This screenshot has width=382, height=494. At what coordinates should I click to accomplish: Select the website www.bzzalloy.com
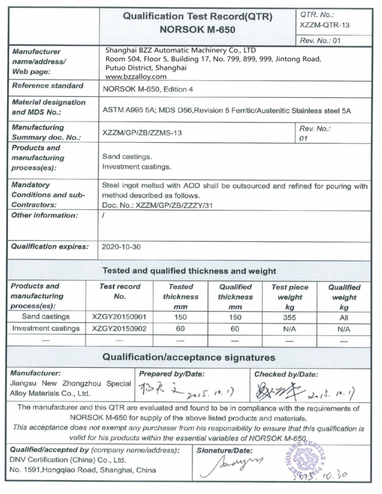pos(136,76)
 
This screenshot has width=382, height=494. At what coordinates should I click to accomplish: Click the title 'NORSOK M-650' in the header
pos(197,29)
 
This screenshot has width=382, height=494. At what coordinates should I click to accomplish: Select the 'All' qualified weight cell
pos(344,317)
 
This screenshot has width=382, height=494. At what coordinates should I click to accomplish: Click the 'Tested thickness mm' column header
pos(181,296)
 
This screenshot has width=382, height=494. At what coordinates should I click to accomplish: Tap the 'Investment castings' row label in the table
pos(46,329)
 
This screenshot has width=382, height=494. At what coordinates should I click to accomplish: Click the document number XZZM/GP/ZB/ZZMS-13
pos(142,133)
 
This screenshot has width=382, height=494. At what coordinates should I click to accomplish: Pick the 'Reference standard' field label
pos(47,86)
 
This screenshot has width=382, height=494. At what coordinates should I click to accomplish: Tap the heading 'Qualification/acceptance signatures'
pos(189,357)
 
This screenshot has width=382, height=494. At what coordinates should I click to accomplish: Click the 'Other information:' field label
pos(44,215)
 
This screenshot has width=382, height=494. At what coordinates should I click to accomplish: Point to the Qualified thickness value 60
pos(235,329)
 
